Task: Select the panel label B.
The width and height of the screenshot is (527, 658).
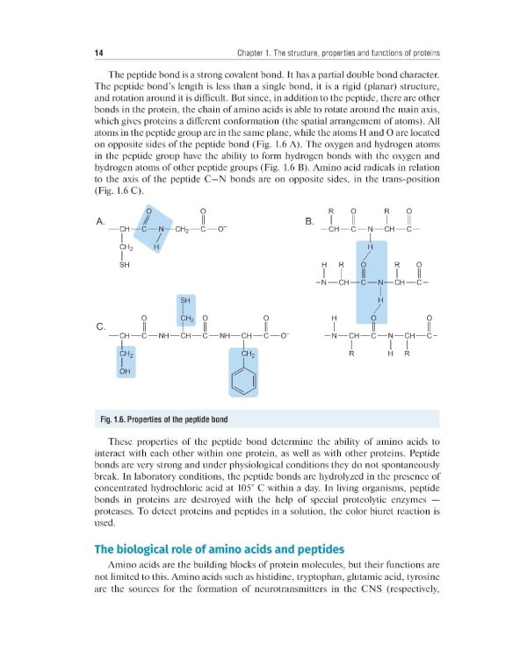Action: click(x=308, y=221)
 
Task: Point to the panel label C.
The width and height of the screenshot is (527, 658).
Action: click(x=99, y=327)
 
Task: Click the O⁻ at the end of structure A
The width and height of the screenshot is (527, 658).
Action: click(x=224, y=230)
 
